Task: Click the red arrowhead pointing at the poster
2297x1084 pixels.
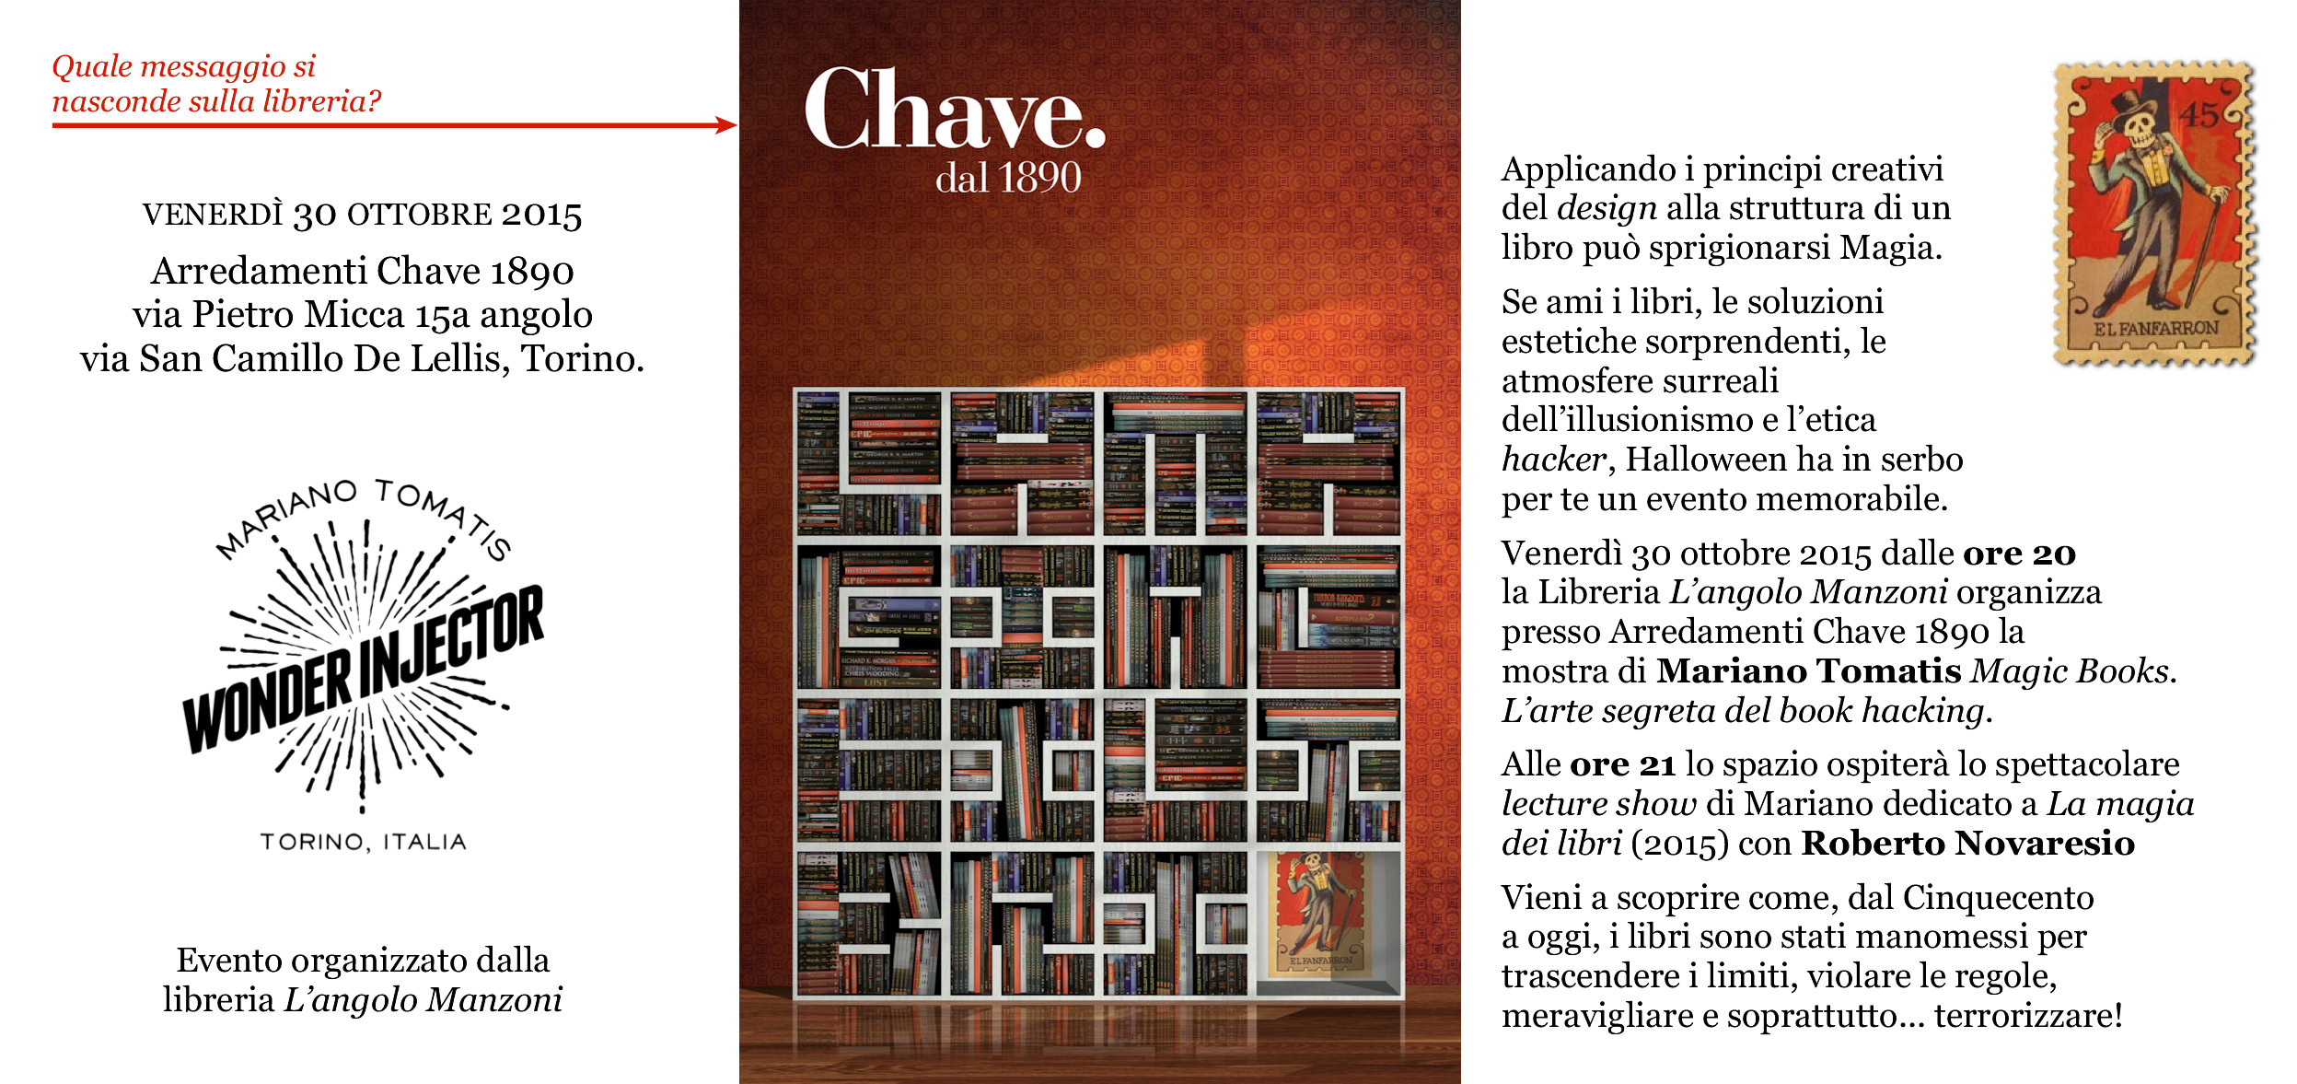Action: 727,125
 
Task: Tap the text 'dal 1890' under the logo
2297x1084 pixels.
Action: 1008,178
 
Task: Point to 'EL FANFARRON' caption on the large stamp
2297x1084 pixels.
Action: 2156,329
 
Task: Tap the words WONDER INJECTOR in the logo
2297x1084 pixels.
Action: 364,670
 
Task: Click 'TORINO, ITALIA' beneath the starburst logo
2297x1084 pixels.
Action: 363,842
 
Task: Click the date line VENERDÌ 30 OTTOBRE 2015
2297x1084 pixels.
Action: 362,215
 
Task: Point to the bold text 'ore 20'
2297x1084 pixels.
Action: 2019,554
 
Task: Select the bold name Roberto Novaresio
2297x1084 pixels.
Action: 1967,844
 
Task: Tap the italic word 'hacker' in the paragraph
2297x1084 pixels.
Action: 1554,460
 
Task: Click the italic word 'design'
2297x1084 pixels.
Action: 1607,209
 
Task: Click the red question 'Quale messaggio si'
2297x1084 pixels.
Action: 183,66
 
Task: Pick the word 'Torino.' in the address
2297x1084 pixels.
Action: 583,358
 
